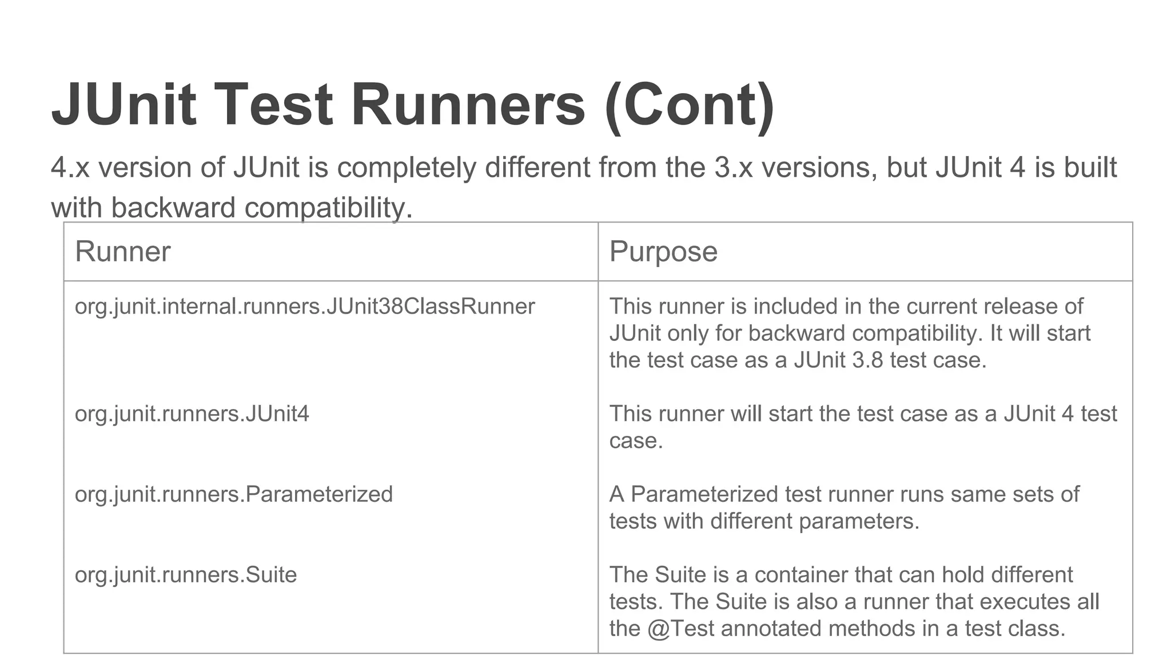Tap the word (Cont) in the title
pyautogui.click(x=690, y=105)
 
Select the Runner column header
pyautogui.click(x=122, y=252)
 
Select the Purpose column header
pyautogui.click(x=663, y=252)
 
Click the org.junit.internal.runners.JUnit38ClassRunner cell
pyautogui.click(x=305, y=307)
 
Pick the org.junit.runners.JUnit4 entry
pyautogui.click(x=192, y=414)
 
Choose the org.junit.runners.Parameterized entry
pyautogui.click(x=234, y=494)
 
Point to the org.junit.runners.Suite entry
pyautogui.click(x=186, y=575)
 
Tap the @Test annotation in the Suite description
pyautogui.click(x=681, y=629)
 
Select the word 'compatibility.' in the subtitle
pyautogui.click(x=328, y=208)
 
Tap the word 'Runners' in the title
pyautogui.click(x=468, y=105)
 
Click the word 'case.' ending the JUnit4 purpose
pyautogui.click(x=636, y=441)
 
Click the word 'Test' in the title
pyautogui.click(x=273, y=105)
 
